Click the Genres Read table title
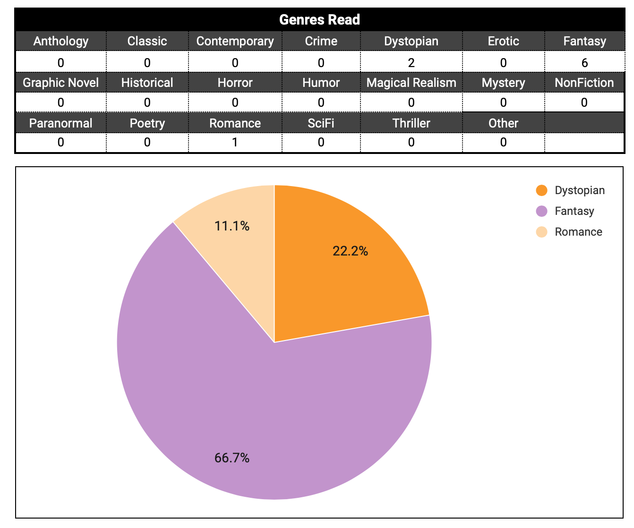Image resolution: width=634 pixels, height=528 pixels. [319, 19]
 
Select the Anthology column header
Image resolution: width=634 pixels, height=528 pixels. [61, 41]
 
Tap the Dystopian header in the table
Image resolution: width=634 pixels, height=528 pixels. [411, 41]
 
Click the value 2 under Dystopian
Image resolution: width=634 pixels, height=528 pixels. [411, 63]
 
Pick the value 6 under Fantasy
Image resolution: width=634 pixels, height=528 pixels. [584, 63]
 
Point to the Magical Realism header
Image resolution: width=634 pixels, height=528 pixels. [411, 83]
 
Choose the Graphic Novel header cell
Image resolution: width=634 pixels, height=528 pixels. [61, 83]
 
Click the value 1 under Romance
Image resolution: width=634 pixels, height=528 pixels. [235, 142]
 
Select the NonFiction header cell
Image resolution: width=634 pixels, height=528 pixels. [584, 83]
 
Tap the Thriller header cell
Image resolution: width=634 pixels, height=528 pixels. [411, 123]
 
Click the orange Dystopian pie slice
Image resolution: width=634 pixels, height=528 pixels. [340, 274]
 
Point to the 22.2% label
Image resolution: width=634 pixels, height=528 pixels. [350, 251]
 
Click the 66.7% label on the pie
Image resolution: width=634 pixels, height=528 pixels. [232, 458]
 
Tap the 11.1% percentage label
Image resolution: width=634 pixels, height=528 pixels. [232, 226]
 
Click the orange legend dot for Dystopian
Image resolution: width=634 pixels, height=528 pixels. [541, 190]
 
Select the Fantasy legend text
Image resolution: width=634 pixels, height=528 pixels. [574, 211]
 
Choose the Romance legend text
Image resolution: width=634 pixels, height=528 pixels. [578, 232]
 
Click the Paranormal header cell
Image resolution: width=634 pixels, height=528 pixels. [61, 123]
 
